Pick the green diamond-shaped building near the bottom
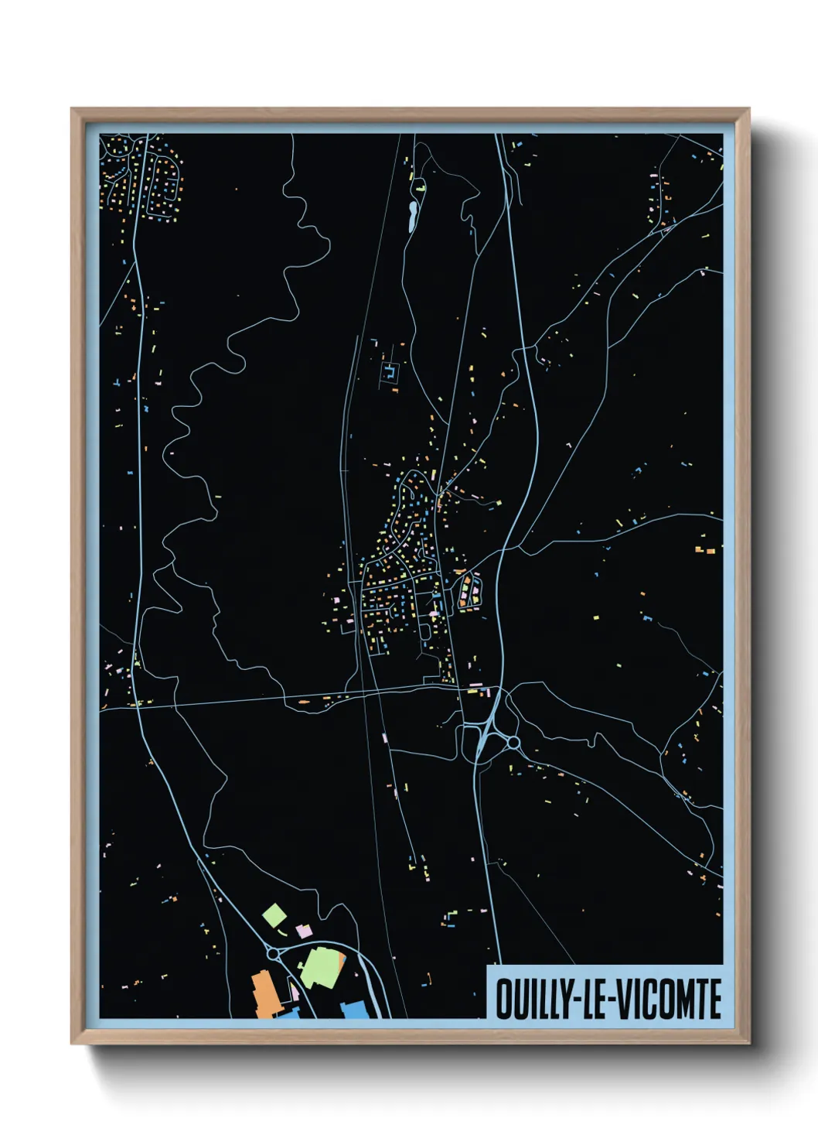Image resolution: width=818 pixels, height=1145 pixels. coord(274,916)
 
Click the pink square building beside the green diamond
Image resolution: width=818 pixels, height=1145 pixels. coord(304,931)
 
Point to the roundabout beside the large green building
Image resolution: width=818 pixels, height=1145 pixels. coord(274,954)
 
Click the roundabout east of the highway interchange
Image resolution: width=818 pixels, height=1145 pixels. coord(513,743)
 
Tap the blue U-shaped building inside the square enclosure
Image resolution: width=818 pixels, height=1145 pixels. coord(390,374)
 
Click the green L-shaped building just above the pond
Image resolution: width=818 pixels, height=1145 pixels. coord(421,186)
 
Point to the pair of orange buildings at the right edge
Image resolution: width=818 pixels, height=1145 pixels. coord(705,550)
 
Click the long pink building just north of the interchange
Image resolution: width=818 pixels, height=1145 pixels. coord(475,685)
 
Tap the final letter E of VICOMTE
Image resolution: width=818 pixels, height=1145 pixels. coord(715,999)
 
